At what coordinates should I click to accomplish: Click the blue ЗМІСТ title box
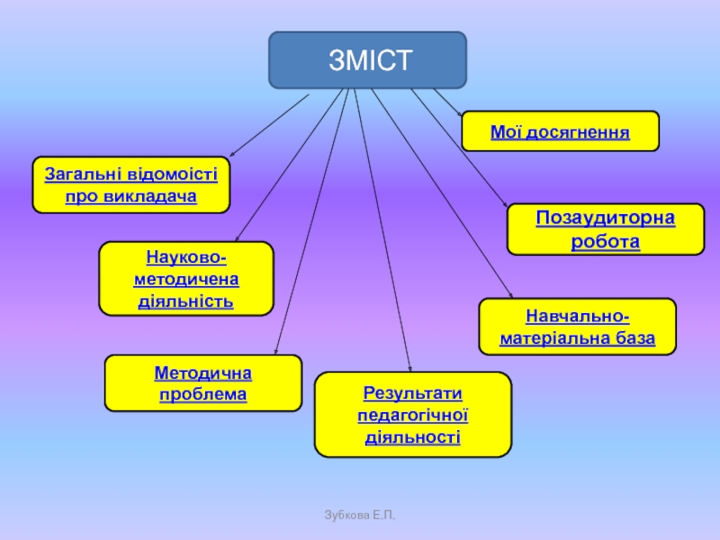click(x=368, y=60)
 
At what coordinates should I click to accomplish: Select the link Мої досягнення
click(x=560, y=131)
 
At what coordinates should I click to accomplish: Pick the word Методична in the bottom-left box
click(x=203, y=373)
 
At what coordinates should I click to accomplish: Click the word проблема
click(x=203, y=394)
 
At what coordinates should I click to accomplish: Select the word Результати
click(x=413, y=393)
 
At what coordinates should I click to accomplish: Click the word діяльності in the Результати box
click(x=413, y=437)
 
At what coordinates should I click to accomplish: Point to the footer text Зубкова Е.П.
click(x=360, y=515)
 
